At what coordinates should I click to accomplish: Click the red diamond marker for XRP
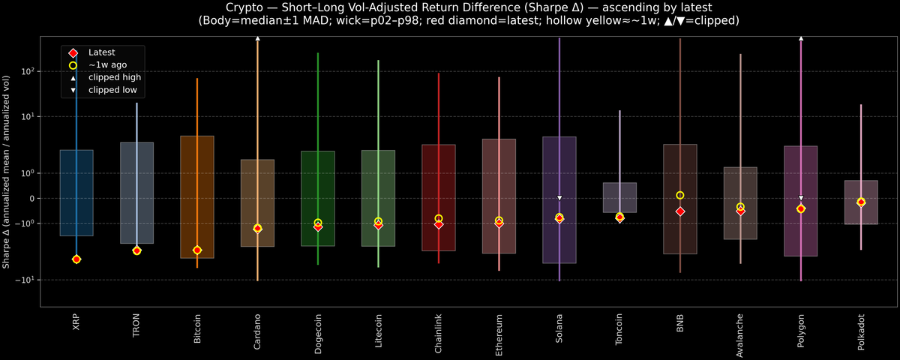pyautogui.click(x=76, y=259)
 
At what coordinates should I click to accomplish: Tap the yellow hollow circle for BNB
pyautogui.click(x=680, y=195)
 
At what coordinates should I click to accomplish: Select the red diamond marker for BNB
pyautogui.click(x=680, y=211)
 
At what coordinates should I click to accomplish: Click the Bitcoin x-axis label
pyautogui.click(x=197, y=329)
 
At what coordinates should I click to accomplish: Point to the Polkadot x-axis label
pyautogui.click(x=861, y=331)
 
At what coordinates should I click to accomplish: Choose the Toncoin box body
pyautogui.click(x=619, y=197)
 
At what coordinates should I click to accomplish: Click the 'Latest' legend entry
pyautogui.click(x=101, y=52)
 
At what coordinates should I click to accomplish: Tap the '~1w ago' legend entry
pyautogui.click(x=107, y=65)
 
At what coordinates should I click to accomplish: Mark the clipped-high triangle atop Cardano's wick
pyautogui.click(x=257, y=37)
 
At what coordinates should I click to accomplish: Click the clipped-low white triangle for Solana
pyautogui.click(x=559, y=198)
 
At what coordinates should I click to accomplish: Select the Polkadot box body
pyautogui.click(x=861, y=202)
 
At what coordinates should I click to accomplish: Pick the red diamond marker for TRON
pyautogui.click(x=136, y=250)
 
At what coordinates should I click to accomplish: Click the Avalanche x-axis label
pyautogui.click(x=740, y=331)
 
